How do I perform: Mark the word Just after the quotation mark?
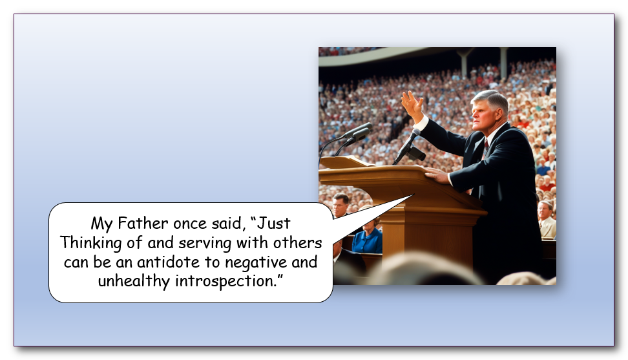274,223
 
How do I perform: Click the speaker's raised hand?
412,105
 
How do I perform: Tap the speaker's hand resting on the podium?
437,175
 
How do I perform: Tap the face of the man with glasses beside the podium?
340,205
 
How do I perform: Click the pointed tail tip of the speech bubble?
413,195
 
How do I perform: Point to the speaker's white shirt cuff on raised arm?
421,123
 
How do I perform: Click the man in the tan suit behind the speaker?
547,220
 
